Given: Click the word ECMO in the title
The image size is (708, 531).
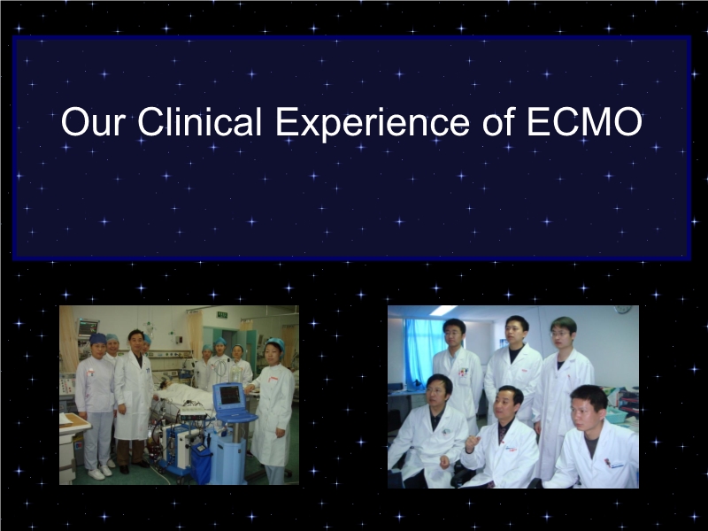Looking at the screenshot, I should (x=584, y=122).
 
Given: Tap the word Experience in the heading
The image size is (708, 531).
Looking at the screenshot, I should (x=373, y=123).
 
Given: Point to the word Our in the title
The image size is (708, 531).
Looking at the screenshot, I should (x=93, y=122).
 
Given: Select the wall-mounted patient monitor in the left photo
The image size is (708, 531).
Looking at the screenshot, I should (x=88, y=327).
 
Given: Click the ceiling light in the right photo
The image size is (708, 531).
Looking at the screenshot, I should (x=443, y=310).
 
